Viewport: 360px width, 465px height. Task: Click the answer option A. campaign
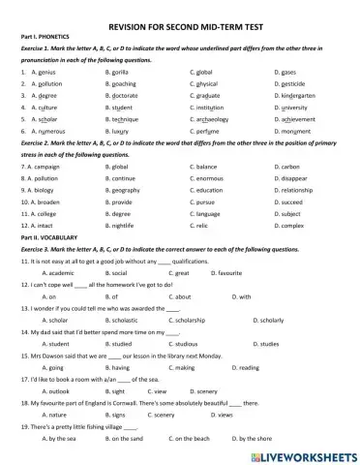tap(42, 168)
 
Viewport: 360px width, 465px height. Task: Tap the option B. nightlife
tap(121, 238)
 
